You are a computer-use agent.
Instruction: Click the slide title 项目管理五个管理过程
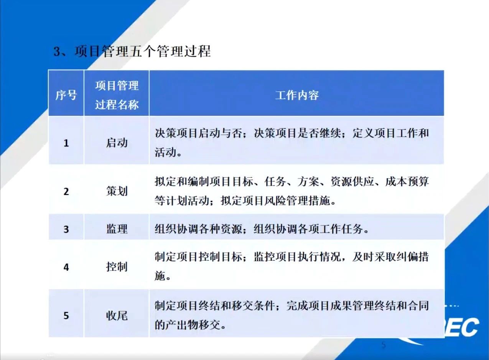[x=143, y=51]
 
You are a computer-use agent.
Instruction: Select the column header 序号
[x=66, y=95]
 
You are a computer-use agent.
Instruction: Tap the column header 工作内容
[x=297, y=95]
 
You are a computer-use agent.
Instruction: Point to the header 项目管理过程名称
[x=117, y=95]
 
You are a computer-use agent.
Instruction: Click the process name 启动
[x=117, y=143]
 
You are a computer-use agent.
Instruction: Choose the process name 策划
[x=117, y=191]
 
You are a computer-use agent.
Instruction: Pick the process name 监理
[x=117, y=229]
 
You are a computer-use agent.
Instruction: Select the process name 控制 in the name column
[x=117, y=266]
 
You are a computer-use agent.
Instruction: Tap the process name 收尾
[x=117, y=316]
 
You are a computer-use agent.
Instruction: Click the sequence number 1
[x=66, y=143]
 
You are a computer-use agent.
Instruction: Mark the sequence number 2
[x=66, y=192]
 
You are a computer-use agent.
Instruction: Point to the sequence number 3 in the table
[x=66, y=229]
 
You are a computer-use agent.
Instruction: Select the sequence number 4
[x=66, y=267]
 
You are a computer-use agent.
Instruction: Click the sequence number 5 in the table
[x=66, y=316]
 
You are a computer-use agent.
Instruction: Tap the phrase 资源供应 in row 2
[x=352, y=181]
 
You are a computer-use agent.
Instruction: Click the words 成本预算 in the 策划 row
[x=407, y=181]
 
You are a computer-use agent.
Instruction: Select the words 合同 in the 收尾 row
[x=418, y=306]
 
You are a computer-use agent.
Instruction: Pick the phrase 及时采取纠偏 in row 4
[x=385, y=257]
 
